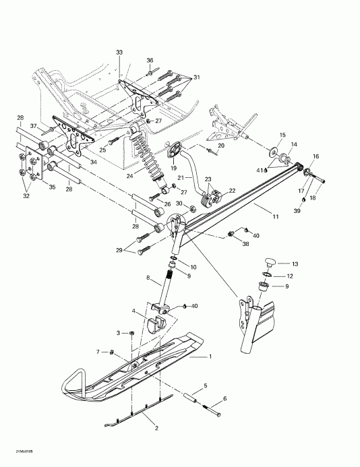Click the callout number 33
point(119,52)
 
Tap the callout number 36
point(150,60)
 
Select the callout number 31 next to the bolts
point(196,77)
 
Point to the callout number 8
point(148,277)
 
